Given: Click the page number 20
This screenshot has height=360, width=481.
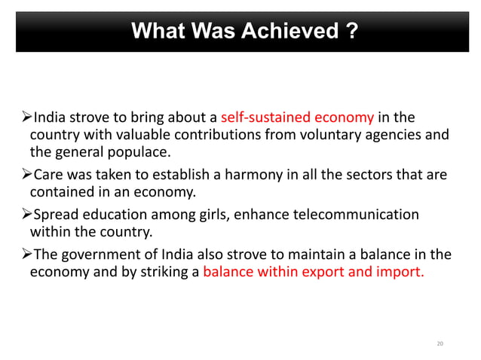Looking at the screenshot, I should tap(440, 344).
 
